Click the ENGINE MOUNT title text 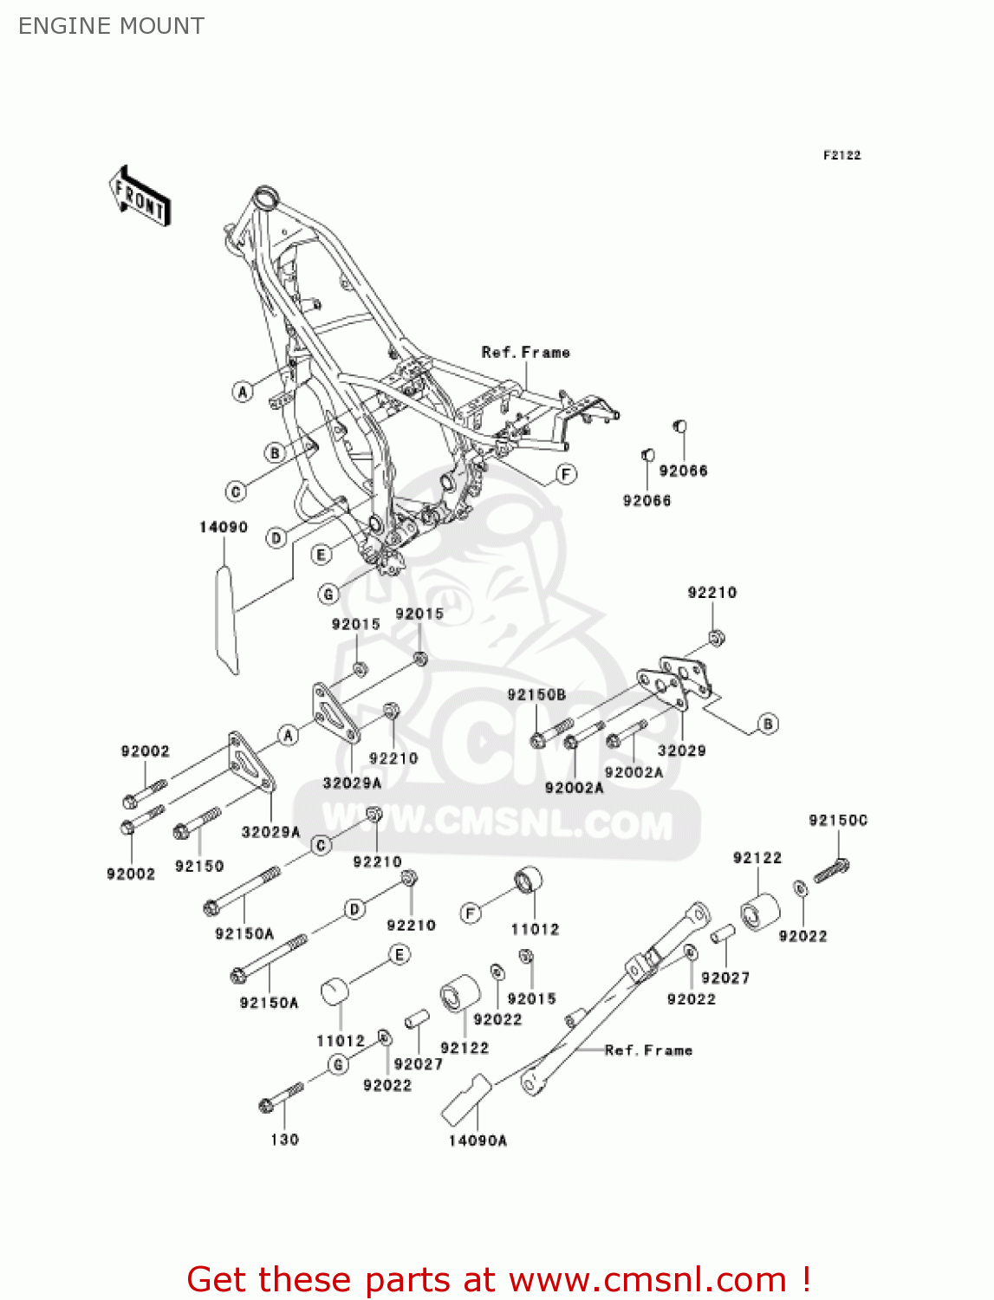tap(111, 26)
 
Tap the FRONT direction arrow tap(140, 197)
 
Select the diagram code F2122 tap(841, 155)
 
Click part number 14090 tap(224, 527)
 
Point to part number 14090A tap(478, 1141)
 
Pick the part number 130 tap(284, 1140)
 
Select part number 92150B tap(536, 695)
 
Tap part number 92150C tap(837, 820)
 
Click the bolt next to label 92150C tap(831, 870)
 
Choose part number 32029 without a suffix tap(681, 751)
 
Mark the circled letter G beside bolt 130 tap(338, 1064)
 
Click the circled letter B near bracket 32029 tap(768, 724)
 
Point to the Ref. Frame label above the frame tap(525, 352)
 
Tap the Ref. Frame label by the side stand tap(648, 1050)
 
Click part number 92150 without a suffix tap(199, 866)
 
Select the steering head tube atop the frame tap(265, 198)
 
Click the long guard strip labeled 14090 tap(226, 619)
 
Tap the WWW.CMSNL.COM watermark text tap(497, 822)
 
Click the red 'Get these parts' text tap(498, 1279)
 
